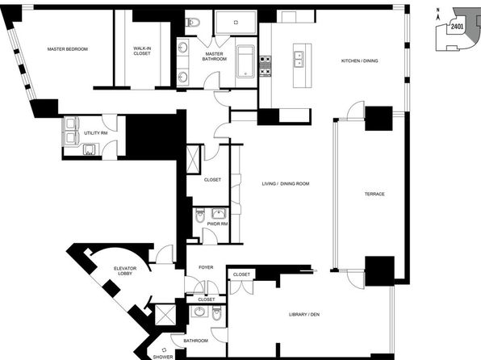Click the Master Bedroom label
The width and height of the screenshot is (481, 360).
68,49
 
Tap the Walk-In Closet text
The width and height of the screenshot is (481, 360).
142,51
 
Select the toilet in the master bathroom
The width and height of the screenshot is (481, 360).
193,22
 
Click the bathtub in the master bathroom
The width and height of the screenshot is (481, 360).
245,61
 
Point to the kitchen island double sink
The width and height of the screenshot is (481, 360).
299,59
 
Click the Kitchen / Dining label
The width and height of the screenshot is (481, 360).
359,61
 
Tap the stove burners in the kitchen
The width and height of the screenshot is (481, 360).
266,66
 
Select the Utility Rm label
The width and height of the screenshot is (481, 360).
96,133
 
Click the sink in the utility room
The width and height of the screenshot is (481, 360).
90,150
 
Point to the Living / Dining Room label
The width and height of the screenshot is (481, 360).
286,184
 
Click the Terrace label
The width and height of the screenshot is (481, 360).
374,194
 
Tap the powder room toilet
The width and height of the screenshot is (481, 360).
200,216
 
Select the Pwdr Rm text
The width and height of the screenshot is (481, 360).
217,224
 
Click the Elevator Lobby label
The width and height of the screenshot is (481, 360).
125,270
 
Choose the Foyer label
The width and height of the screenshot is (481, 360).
206,268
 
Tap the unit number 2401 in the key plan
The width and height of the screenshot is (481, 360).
457,27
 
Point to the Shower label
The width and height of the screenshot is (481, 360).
163,358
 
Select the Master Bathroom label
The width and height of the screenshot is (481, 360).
215,57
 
